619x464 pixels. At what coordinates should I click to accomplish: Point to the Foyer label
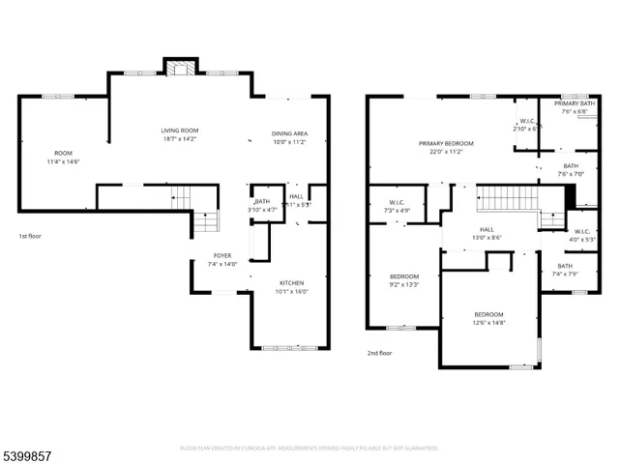tap(221, 259)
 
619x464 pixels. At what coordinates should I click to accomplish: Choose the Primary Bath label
tap(573, 106)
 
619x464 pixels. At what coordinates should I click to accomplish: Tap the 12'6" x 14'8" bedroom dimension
tap(488, 324)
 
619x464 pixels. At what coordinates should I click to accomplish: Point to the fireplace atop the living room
tap(177, 69)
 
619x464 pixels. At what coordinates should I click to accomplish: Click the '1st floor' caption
tap(31, 236)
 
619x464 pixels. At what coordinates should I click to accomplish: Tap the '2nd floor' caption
tap(379, 354)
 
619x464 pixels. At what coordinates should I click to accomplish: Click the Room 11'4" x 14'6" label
tap(63, 158)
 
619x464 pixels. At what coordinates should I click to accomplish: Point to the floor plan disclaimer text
tap(309, 449)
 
